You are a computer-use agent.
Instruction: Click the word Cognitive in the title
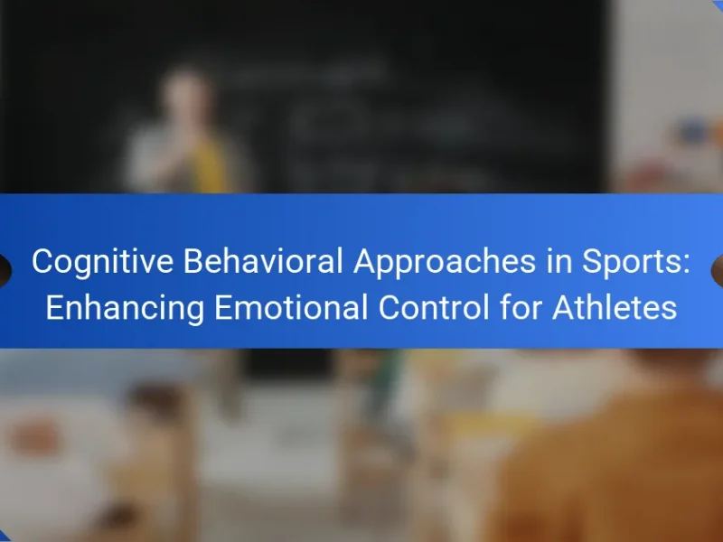point(102,262)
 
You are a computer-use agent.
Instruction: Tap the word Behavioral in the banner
point(263,261)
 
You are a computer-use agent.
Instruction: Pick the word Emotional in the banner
point(291,307)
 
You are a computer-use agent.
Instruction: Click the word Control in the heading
point(434,307)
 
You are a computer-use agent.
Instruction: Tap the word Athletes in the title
point(615,307)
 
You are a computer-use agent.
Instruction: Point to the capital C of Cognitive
point(43,261)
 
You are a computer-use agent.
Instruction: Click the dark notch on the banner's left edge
point(5,271)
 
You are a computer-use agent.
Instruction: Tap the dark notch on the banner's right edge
point(718,271)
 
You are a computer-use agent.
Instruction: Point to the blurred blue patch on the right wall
point(695,132)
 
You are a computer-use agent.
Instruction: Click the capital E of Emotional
point(223,307)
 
